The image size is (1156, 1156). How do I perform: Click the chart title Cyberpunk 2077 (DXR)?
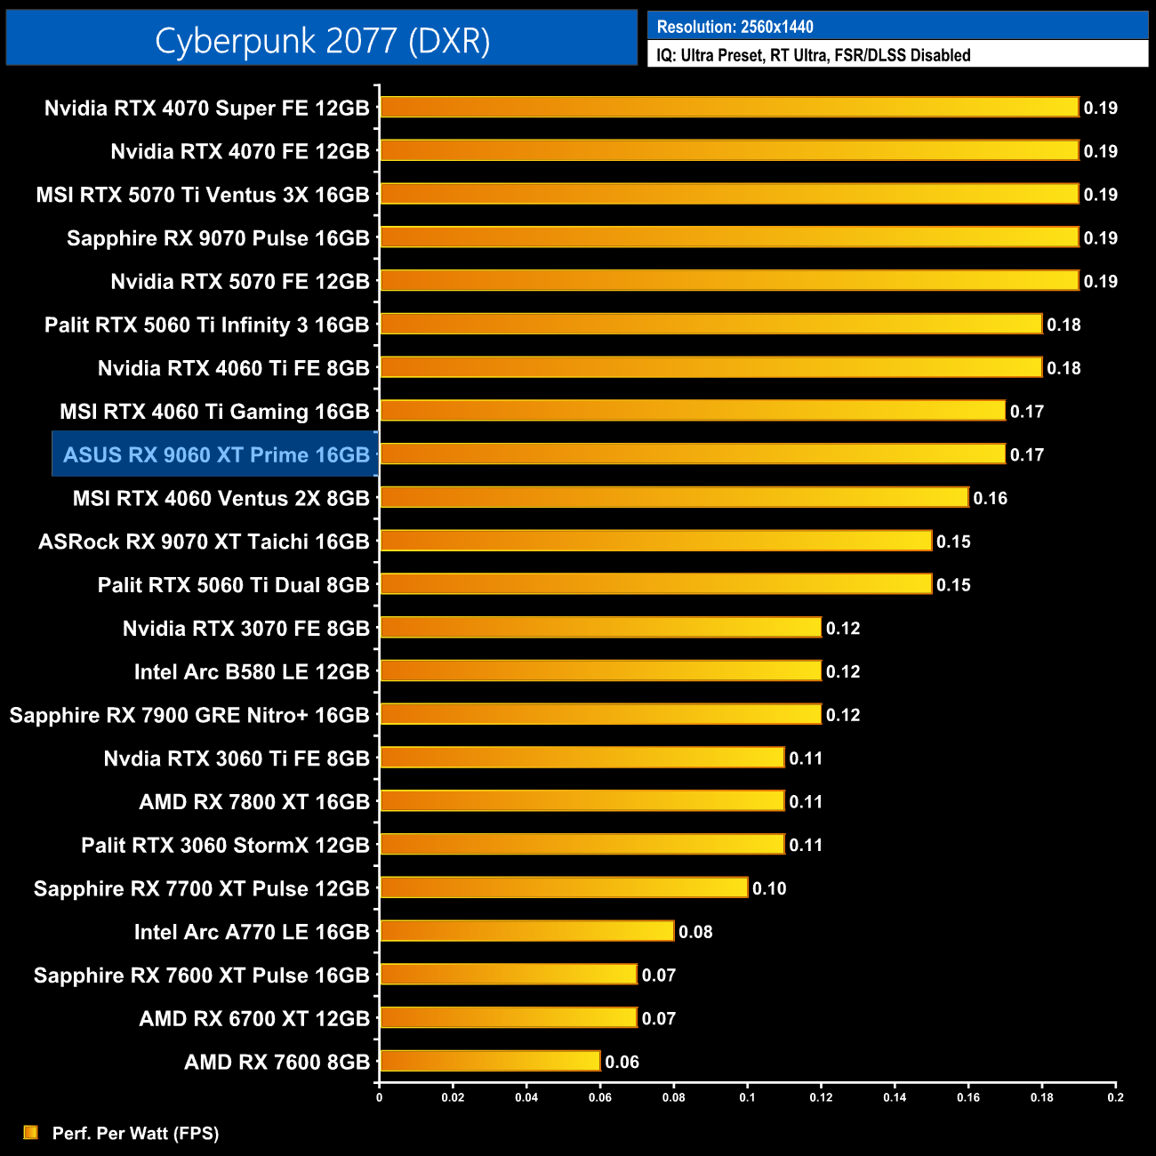(322, 40)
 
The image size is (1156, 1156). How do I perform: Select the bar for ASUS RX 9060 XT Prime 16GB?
(693, 454)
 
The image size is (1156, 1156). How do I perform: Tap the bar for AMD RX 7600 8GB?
(490, 1061)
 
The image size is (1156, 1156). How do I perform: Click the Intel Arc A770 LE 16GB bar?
(526, 931)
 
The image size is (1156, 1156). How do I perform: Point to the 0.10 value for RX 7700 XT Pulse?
(769, 888)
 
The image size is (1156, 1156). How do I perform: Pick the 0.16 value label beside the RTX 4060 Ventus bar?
(990, 498)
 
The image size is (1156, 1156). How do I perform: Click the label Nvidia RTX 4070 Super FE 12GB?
(206, 108)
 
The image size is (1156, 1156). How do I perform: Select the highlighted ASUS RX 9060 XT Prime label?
(216, 455)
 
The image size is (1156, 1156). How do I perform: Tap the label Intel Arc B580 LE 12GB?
(252, 672)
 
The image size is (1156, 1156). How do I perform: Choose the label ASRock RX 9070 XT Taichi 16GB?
(204, 542)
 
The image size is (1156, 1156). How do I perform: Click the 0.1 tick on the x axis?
(747, 1097)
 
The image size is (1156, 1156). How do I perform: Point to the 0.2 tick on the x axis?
(1115, 1097)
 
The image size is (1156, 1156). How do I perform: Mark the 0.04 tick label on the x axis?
(526, 1097)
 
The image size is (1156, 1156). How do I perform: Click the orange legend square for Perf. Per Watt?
(31, 1132)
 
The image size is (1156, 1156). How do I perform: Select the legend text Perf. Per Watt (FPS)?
(135, 1133)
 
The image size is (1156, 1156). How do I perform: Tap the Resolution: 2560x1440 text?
(735, 27)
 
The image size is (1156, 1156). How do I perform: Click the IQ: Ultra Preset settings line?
(813, 55)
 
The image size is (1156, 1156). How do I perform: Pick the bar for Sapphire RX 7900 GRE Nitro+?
(600, 714)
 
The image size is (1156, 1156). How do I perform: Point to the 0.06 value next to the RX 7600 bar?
(622, 1062)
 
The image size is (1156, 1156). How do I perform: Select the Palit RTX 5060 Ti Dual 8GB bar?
(655, 584)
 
